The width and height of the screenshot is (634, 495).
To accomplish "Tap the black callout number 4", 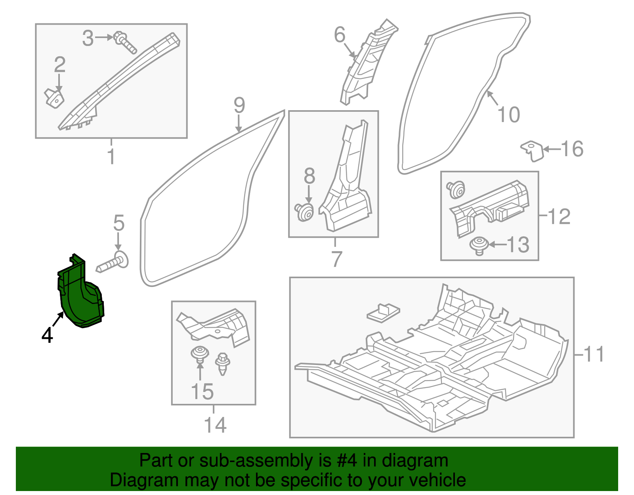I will point(47,335).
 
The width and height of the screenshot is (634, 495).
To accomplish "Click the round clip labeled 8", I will point(304,212).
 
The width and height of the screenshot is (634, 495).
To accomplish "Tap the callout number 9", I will point(239,105).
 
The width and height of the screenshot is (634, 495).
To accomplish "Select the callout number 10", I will point(508,115).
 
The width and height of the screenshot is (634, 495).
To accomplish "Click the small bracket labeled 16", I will point(532,151).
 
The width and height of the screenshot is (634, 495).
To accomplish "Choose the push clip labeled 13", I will point(479,245).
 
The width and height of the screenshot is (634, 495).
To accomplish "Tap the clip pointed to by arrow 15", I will point(200,354).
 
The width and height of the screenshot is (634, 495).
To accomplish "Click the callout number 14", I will point(215,425).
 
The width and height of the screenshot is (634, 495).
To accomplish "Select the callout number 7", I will point(336,259).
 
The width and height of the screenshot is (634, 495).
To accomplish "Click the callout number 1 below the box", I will point(111,157).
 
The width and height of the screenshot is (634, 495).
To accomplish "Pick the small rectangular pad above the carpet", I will point(383,313).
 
